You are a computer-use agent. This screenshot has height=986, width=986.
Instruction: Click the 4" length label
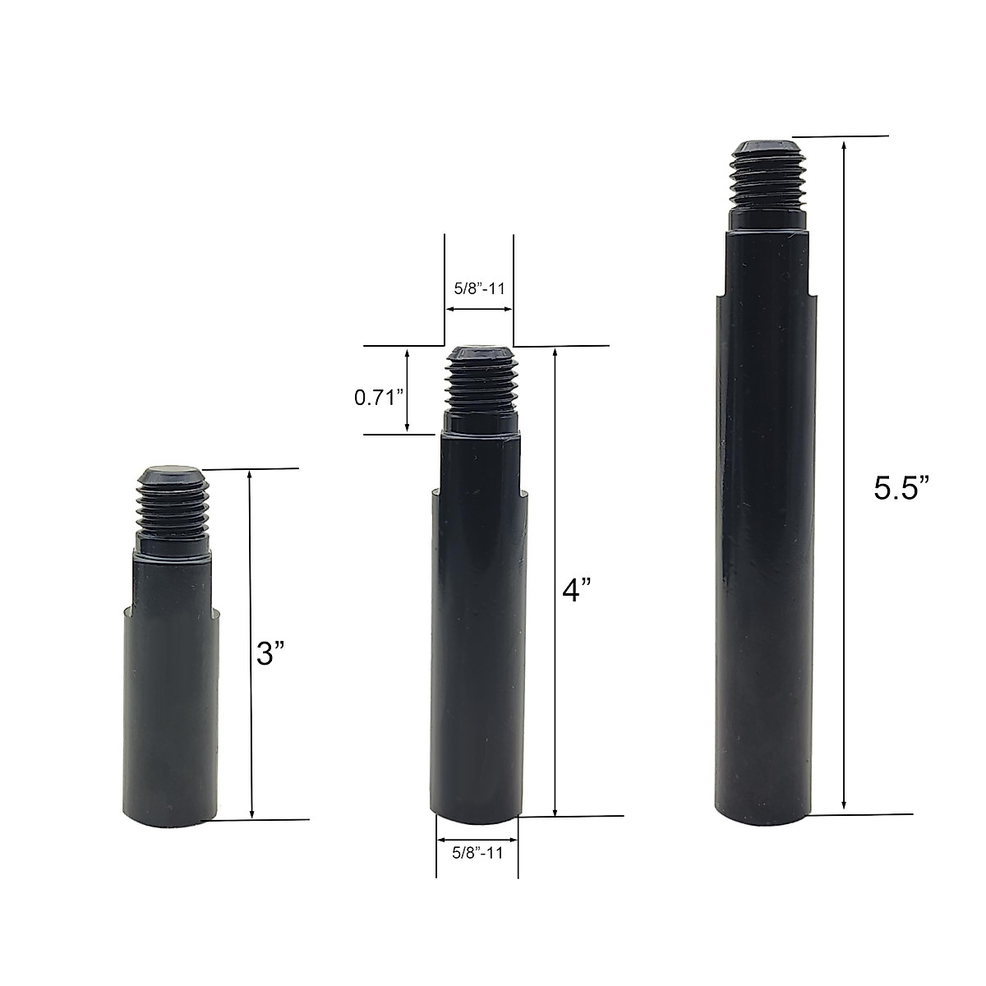(x=577, y=592)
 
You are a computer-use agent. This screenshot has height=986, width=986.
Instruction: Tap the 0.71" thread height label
(x=378, y=398)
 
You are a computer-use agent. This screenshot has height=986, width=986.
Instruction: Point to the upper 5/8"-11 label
(x=478, y=289)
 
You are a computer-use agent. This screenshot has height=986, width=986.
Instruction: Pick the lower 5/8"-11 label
(x=477, y=853)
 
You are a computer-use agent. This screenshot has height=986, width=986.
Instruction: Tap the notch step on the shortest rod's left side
(x=129, y=610)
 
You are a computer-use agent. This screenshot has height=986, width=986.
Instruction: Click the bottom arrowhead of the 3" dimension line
(x=252, y=813)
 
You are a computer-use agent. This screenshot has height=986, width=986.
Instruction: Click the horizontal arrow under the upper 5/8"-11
(x=479, y=310)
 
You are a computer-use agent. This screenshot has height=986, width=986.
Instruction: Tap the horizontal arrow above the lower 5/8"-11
(x=477, y=840)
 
